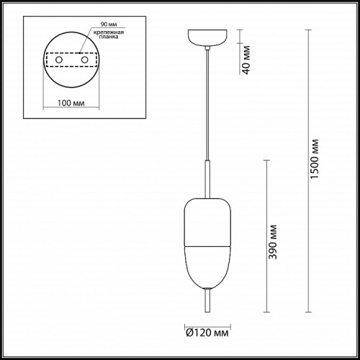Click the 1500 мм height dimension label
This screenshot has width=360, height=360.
(x=314, y=159)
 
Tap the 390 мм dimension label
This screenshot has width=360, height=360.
(x=273, y=242)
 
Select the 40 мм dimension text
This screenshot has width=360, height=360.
(x=246, y=60)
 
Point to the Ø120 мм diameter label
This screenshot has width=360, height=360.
(x=207, y=333)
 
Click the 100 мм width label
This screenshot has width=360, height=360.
(x=71, y=103)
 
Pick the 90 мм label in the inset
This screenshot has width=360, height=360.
(x=109, y=24)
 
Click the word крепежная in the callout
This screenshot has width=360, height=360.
(x=109, y=32)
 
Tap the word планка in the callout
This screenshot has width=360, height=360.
(x=109, y=37)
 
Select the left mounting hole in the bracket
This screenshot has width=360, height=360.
(x=59, y=60)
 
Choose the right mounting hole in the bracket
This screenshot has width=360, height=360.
(x=84, y=60)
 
